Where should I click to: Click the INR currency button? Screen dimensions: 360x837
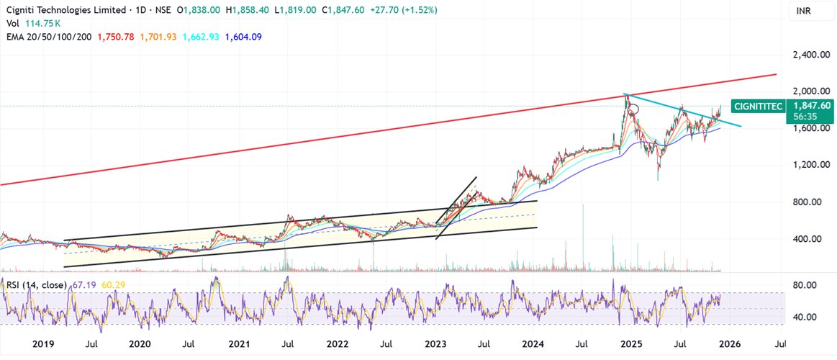tap(805, 11)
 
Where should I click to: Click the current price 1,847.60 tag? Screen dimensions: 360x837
tap(812, 105)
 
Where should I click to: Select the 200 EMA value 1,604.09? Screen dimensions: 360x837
tap(241, 37)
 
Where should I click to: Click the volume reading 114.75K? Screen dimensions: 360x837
tap(40, 24)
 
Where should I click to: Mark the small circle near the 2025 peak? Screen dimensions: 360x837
tap(634, 109)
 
